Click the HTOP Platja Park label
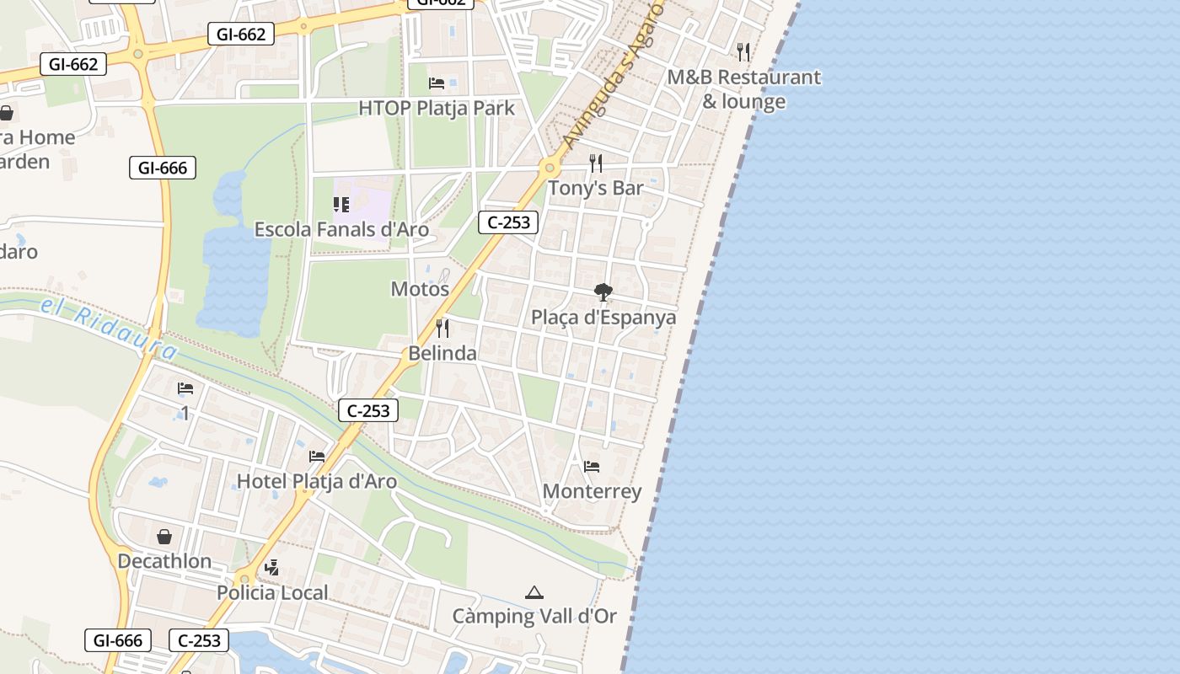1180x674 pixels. [436, 108]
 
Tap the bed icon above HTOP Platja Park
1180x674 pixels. [437, 83]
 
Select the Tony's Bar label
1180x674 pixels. [595, 188]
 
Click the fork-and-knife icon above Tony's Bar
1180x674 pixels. [596, 163]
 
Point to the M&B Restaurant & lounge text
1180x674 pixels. [743, 89]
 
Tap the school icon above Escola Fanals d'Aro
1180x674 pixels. [341, 204]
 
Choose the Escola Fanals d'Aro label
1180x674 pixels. [341, 229]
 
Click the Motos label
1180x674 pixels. [420, 289]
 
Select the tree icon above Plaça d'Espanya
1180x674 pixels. [603, 292]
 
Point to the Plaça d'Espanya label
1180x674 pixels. [603, 318]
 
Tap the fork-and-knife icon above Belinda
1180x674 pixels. [442, 328]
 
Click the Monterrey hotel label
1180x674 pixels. [592, 491]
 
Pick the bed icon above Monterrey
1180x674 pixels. [592, 466]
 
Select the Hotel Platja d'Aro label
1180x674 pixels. [316, 481]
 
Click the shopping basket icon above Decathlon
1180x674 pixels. [164, 536]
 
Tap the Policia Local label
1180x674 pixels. [272, 592]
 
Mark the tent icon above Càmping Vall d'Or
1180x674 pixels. [534, 593]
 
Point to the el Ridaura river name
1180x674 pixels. [110, 323]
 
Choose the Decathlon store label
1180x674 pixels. [164, 561]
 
